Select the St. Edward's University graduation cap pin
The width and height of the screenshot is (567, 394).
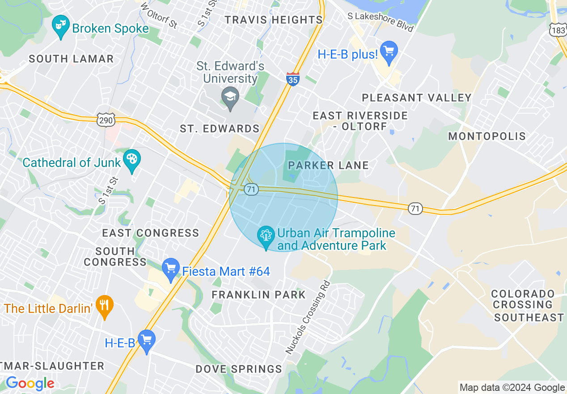230,97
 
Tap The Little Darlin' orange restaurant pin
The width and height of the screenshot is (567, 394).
105,306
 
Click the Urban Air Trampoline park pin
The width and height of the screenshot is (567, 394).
266,236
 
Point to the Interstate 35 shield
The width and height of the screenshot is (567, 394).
292,79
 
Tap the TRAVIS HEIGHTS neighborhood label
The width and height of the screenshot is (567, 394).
273,20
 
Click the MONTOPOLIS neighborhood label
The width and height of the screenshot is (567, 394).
487,136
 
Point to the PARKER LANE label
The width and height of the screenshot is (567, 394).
328,165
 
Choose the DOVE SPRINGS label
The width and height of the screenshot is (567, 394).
239,369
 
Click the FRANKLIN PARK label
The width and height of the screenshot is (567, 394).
258,295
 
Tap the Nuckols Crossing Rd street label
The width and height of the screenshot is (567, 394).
308,317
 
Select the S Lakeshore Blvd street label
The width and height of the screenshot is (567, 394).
381,22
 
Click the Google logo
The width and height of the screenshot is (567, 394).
30,383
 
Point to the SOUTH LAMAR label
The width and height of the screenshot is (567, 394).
71,59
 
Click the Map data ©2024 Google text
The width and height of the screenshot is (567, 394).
512,388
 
